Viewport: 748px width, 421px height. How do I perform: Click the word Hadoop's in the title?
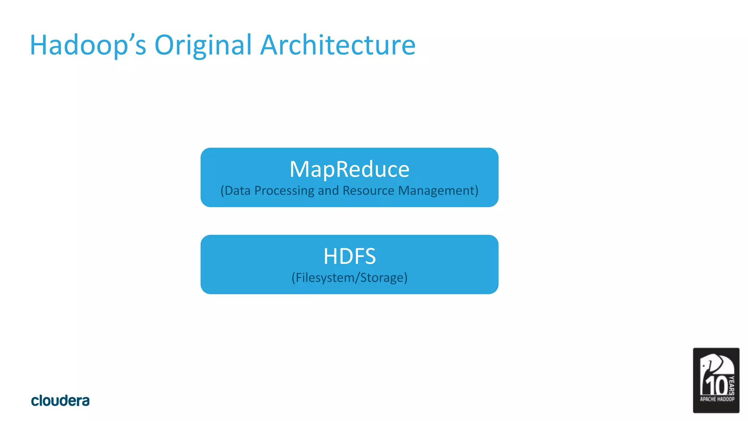(88, 45)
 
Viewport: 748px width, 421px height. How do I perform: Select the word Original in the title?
(203, 45)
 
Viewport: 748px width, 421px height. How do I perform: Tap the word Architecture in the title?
(338, 45)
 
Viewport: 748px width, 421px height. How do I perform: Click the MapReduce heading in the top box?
(350, 169)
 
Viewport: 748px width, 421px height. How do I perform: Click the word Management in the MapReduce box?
(436, 191)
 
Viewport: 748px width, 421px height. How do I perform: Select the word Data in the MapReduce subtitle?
(237, 191)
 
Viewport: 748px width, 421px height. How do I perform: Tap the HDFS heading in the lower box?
(350, 256)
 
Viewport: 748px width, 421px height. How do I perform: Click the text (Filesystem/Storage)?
(350, 278)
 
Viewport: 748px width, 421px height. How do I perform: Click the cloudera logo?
(60, 401)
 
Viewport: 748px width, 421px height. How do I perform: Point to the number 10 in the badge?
(715, 386)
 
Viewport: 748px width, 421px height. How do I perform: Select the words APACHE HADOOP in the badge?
(717, 399)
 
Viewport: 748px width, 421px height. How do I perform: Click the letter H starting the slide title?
(39, 45)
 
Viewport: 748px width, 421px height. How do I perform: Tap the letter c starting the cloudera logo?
(35, 401)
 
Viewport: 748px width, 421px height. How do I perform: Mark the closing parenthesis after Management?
(477, 191)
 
